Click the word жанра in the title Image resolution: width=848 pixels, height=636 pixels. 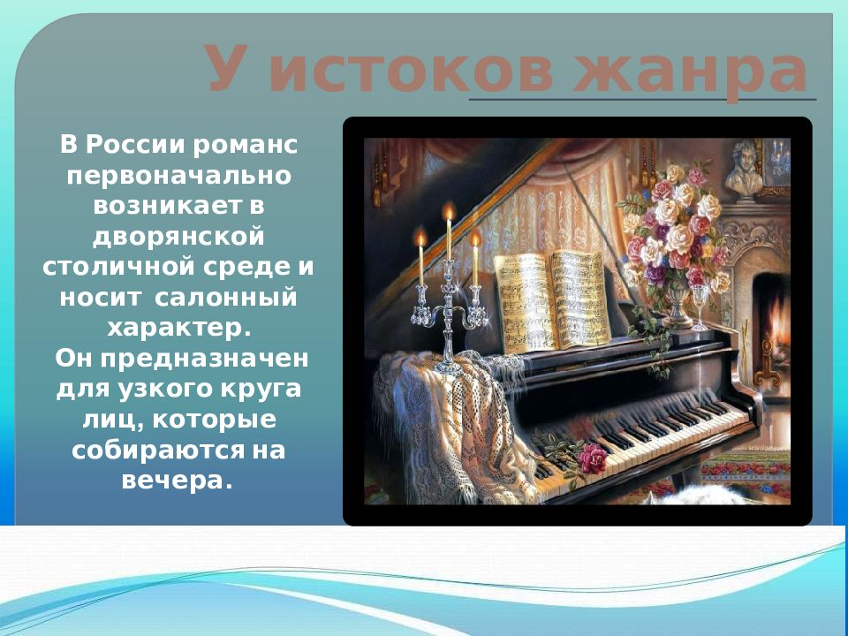click(691, 71)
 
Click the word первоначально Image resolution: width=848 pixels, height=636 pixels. click(179, 174)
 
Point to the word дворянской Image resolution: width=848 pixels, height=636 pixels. click(179, 236)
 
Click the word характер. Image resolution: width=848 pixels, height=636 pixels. click(179, 328)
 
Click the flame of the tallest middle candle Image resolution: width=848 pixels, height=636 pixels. click(449, 212)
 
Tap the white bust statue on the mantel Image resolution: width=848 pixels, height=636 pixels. click(745, 170)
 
